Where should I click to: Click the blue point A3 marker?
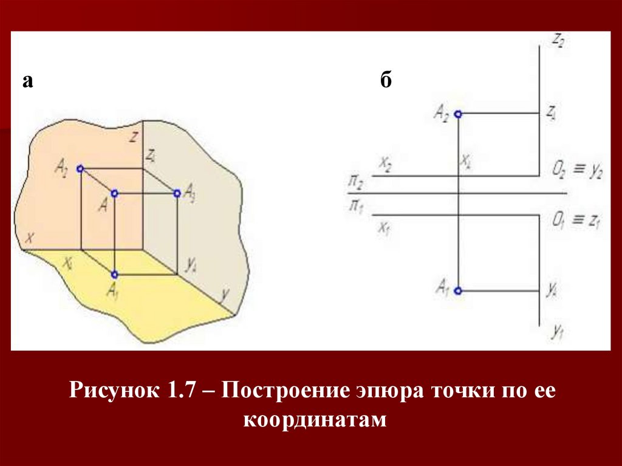[x=177, y=193]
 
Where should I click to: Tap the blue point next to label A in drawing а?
[x=114, y=193]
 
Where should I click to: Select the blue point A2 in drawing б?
[x=458, y=114]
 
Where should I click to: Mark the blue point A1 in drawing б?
[x=458, y=291]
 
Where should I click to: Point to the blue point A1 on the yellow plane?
[x=114, y=274]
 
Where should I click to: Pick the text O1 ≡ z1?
[x=576, y=221]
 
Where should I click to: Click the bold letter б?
[x=387, y=82]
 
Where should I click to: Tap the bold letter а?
[x=27, y=81]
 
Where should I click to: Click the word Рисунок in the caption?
[x=112, y=391]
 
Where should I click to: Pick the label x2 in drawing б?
[x=385, y=163]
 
